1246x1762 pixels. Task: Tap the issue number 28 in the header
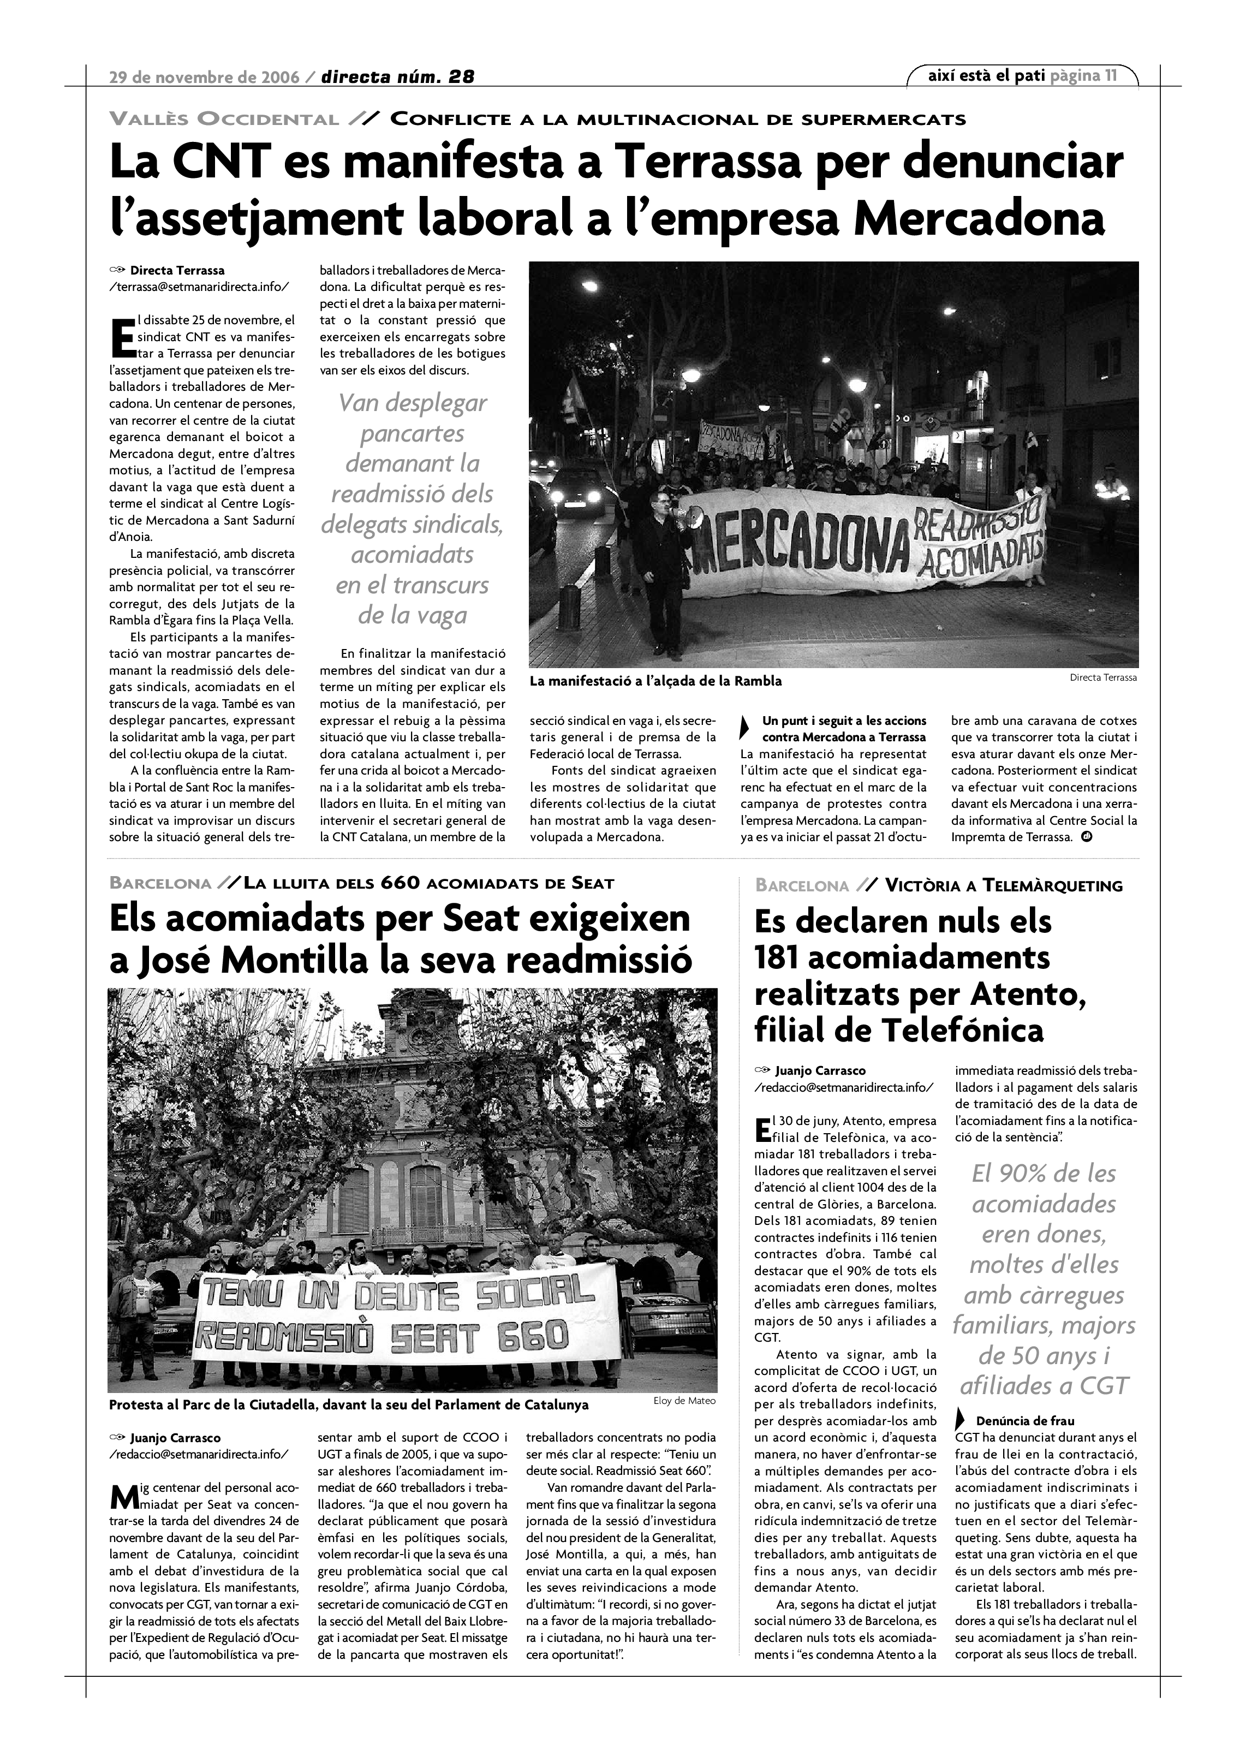[x=461, y=77]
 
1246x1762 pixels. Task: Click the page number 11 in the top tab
[x=1110, y=75]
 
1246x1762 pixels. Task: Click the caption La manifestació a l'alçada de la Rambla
[x=655, y=681]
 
